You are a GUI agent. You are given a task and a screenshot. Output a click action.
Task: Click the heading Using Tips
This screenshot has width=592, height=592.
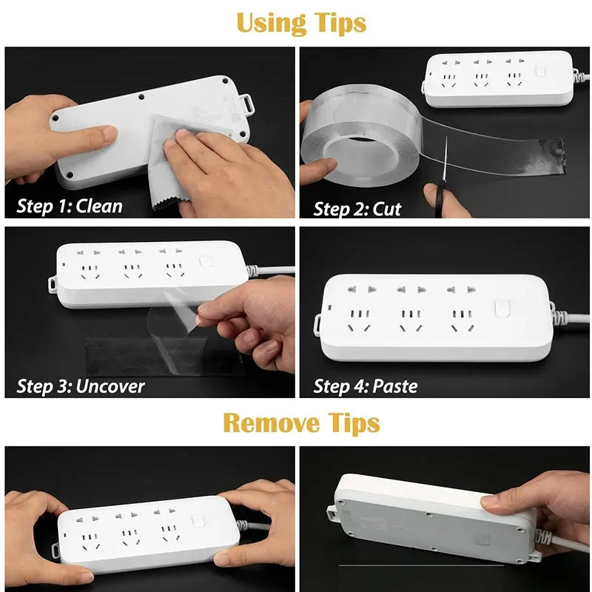[x=301, y=23]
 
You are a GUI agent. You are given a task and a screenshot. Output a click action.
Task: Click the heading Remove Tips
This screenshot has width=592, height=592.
[x=301, y=423]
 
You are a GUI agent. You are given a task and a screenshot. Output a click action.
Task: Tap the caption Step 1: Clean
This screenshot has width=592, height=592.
[x=70, y=205]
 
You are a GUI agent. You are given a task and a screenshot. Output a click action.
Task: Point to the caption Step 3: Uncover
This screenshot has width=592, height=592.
[x=81, y=386]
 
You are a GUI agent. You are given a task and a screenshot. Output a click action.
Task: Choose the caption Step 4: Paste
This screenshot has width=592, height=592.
[x=366, y=386]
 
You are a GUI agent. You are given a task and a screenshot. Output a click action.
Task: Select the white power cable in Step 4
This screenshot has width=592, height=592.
[x=570, y=318]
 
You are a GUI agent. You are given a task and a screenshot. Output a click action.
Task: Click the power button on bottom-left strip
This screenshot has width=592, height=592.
[x=198, y=520]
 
